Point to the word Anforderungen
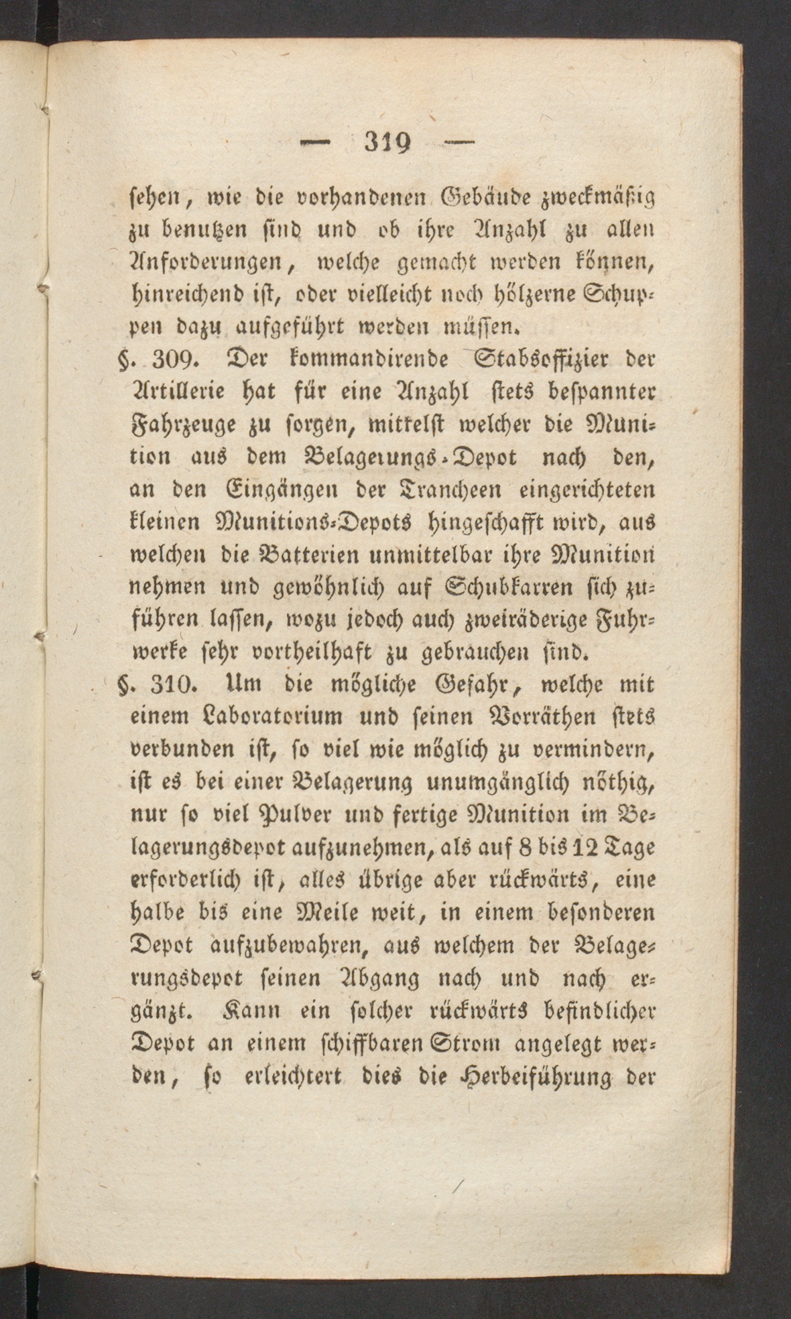[206, 261]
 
